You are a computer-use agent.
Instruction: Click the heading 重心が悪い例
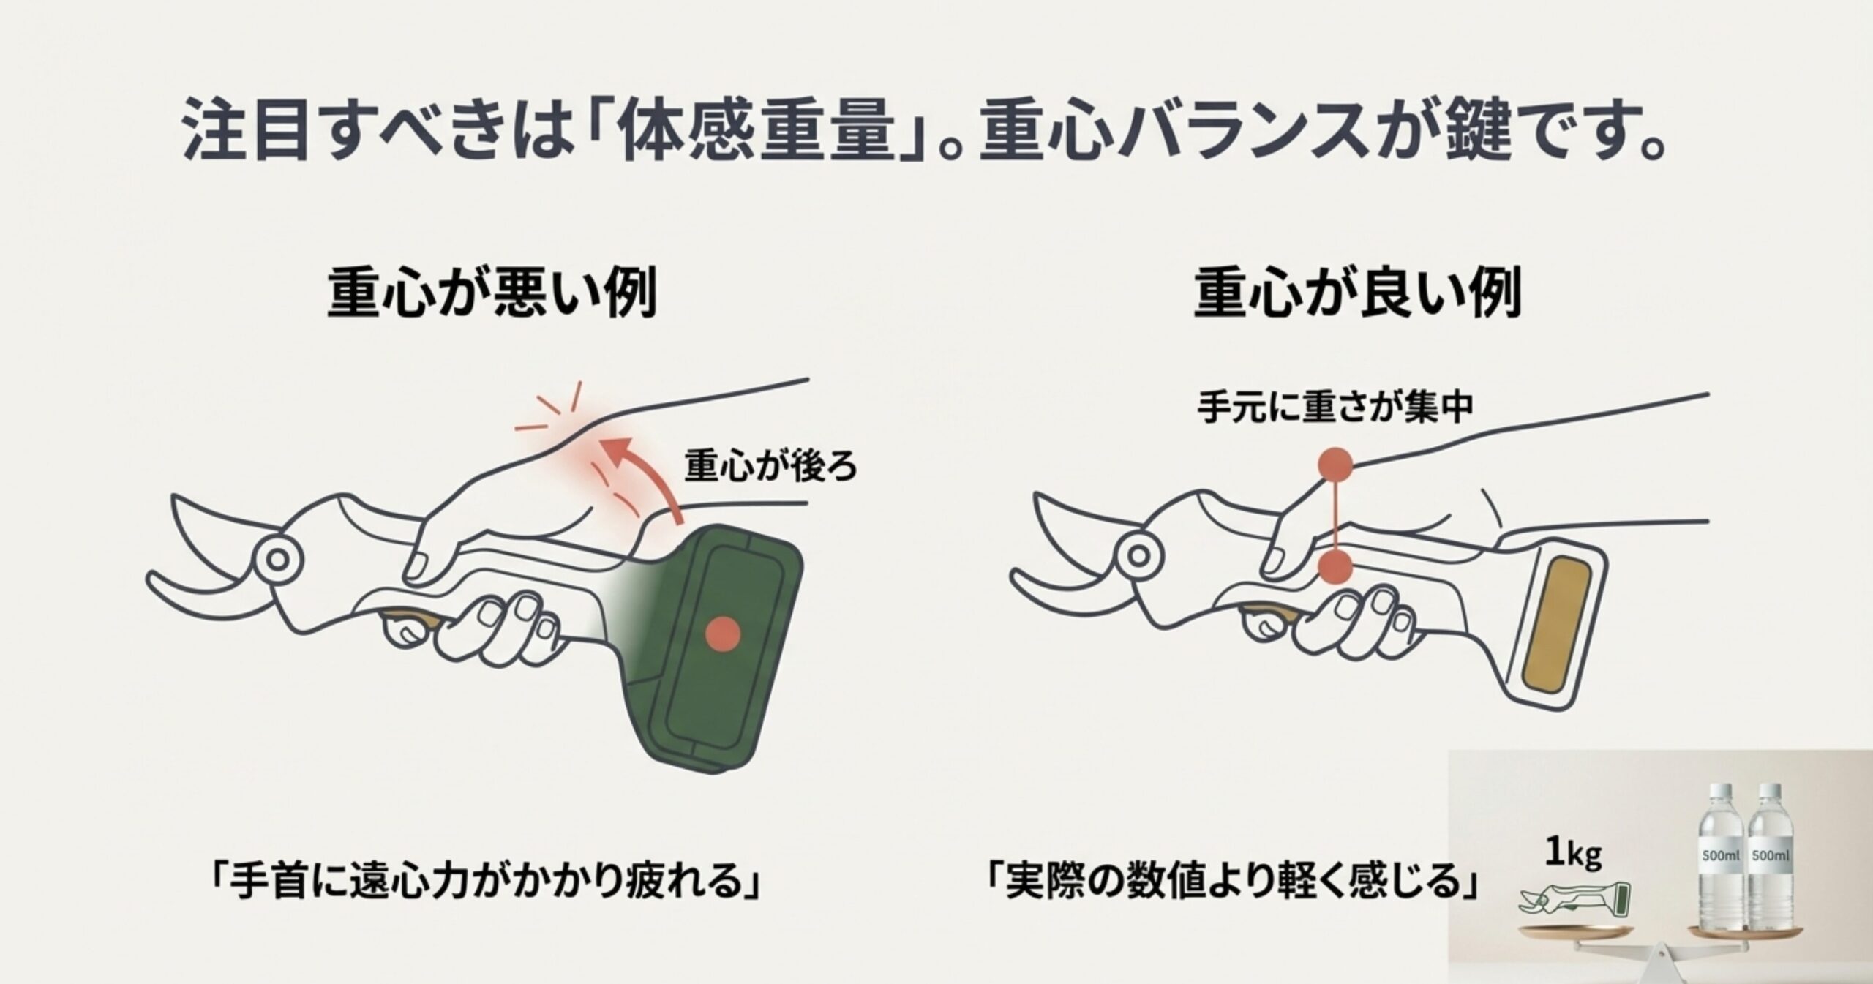tap(491, 293)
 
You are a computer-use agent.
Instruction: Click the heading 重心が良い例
tap(1357, 293)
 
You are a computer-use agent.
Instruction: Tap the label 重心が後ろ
tap(770, 466)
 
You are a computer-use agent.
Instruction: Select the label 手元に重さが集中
tap(1335, 408)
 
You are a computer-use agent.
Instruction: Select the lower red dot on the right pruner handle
tap(1335, 567)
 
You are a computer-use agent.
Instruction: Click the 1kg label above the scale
tap(1573, 854)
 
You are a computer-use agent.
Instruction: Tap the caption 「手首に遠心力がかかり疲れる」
tap(484, 883)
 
